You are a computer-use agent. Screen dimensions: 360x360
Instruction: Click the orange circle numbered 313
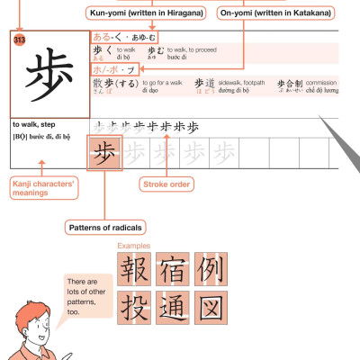pos(20,40)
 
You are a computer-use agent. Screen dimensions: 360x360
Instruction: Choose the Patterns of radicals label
pos(104,228)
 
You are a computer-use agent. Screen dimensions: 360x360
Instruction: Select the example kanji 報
pos(134,268)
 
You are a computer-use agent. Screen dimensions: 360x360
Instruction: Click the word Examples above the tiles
pos(135,245)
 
